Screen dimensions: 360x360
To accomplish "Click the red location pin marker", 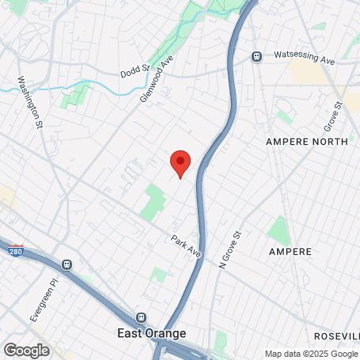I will pyautogui.click(x=180, y=162).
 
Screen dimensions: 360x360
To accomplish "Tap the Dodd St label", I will pyautogui.click(x=135, y=71).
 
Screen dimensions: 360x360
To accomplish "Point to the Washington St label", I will pyautogui.click(x=29, y=103).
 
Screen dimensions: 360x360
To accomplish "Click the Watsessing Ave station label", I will pyautogui.click(x=305, y=55).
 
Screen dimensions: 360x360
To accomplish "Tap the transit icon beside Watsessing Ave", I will pyautogui.click(x=256, y=56).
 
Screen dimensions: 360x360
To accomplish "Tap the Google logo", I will pyautogui.click(x=26, y=350).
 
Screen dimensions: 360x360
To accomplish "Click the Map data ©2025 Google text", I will pyautogui.click(x=311, y=354).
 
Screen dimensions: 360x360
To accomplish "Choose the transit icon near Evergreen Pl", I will pyautogui.click(x=68, y=265).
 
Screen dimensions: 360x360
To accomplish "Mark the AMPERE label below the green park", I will pyautogui.click(x=290, y=251).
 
